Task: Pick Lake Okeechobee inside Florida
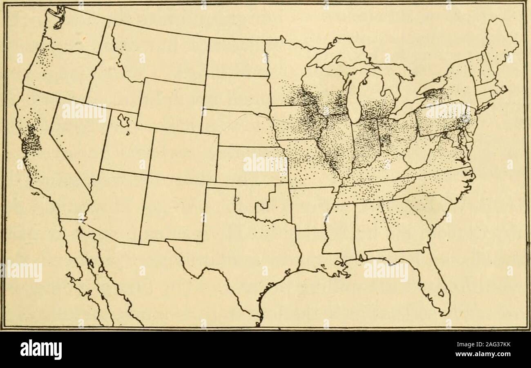pos(441,293)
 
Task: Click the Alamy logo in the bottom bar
pos(41,349)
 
